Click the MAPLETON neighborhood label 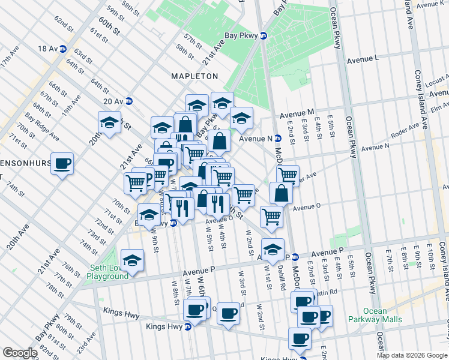(x=194, y=76)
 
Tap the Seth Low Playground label (x=107, y=272)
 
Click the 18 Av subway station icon (x=62, y=49)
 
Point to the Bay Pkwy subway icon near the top (x=264, y=35)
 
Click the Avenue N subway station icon (x=278, y=138)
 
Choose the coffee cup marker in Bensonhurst (x=62, y=163)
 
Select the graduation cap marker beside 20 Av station (x=110, y=122)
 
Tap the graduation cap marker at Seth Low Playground (x=132, y=260)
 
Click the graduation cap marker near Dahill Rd (x=273, y=248)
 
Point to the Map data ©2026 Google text (x=412, y=355)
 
